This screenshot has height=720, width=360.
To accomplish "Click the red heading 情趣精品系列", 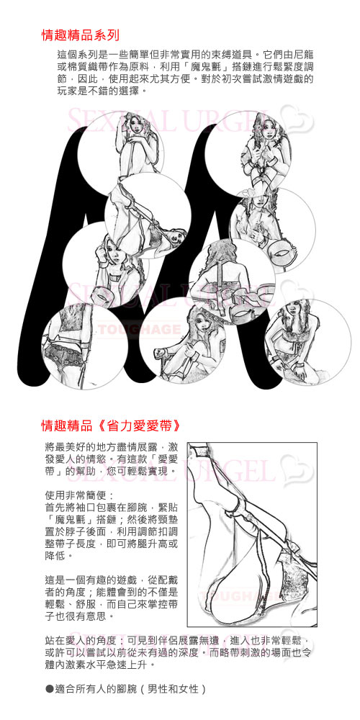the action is (81, 35).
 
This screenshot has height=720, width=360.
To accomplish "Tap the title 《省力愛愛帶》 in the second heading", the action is (136, 426).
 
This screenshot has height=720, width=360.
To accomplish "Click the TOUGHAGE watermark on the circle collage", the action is (139, 329).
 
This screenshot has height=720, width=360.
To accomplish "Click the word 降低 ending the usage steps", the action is (55, 556).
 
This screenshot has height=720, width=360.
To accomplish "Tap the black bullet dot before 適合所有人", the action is (50, 689).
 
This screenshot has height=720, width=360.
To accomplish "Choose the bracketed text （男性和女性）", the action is (172, 689).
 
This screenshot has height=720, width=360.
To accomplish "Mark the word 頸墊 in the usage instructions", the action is (167, 519).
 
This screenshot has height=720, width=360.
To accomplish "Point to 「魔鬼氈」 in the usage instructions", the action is (66, 519).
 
